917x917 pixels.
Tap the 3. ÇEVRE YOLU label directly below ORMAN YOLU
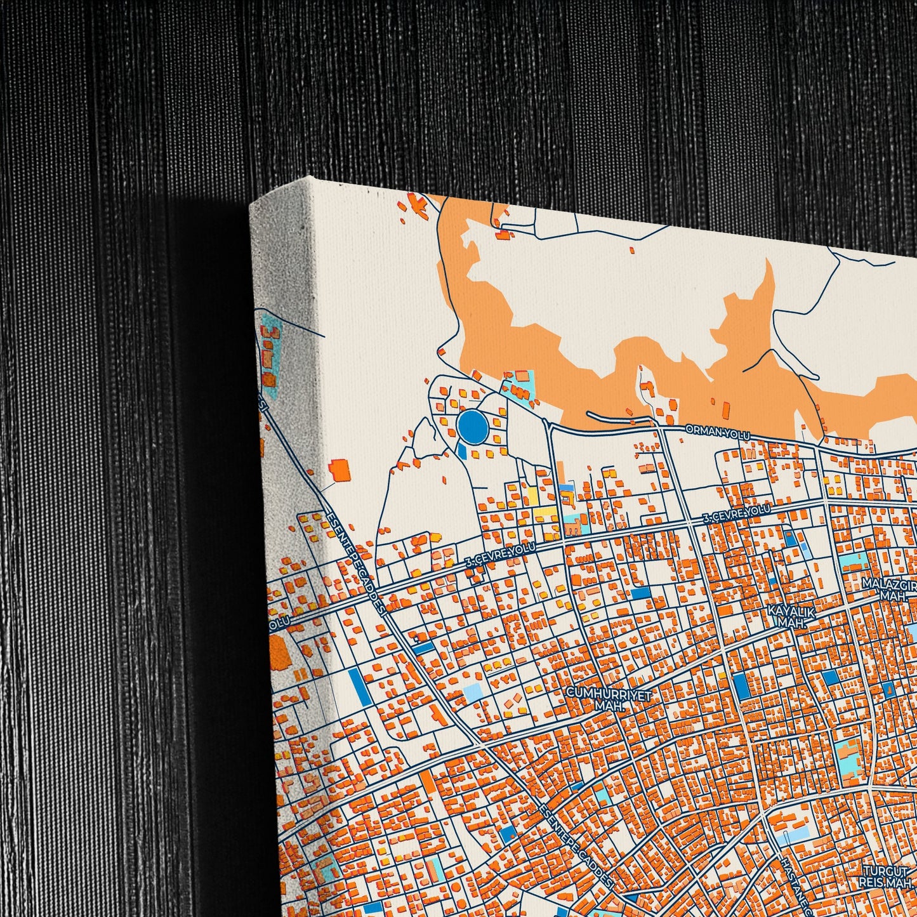point(736,514)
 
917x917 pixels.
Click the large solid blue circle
point(473,426)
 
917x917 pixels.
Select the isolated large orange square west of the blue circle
point(341,471)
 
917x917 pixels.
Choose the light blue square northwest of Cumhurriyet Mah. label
point(473,692)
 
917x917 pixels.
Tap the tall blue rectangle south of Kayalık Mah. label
point(741,686)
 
